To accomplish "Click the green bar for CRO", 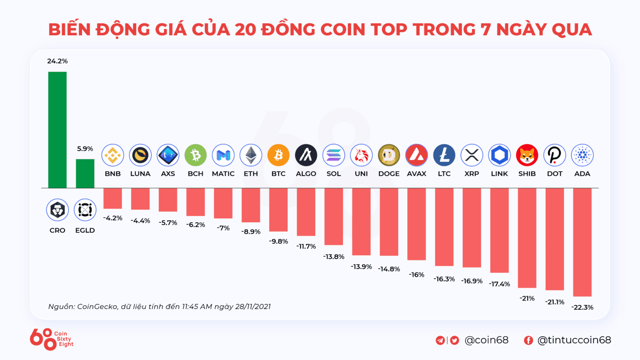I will coord(57,130).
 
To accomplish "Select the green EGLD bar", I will coord(85,173).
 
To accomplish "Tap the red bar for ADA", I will coord(582,242).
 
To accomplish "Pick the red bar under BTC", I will coord(278,209).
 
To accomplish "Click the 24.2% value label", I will coord(57,61).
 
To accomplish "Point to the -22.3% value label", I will coord(582,308).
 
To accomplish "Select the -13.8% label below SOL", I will coord(334,257).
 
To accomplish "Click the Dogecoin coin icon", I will coord(389,155).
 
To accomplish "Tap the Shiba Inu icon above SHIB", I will coord(527,155).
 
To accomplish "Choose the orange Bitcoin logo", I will coord(278,155).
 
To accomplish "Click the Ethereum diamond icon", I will coord(250,155).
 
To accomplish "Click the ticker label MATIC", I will coord(223,174).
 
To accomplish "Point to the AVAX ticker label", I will coord(416,174).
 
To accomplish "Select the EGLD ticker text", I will coord(85,230).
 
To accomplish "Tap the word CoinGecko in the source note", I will coord(97,306).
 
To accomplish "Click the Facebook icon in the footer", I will coord(528,340).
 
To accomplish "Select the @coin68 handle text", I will coord(486,340).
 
